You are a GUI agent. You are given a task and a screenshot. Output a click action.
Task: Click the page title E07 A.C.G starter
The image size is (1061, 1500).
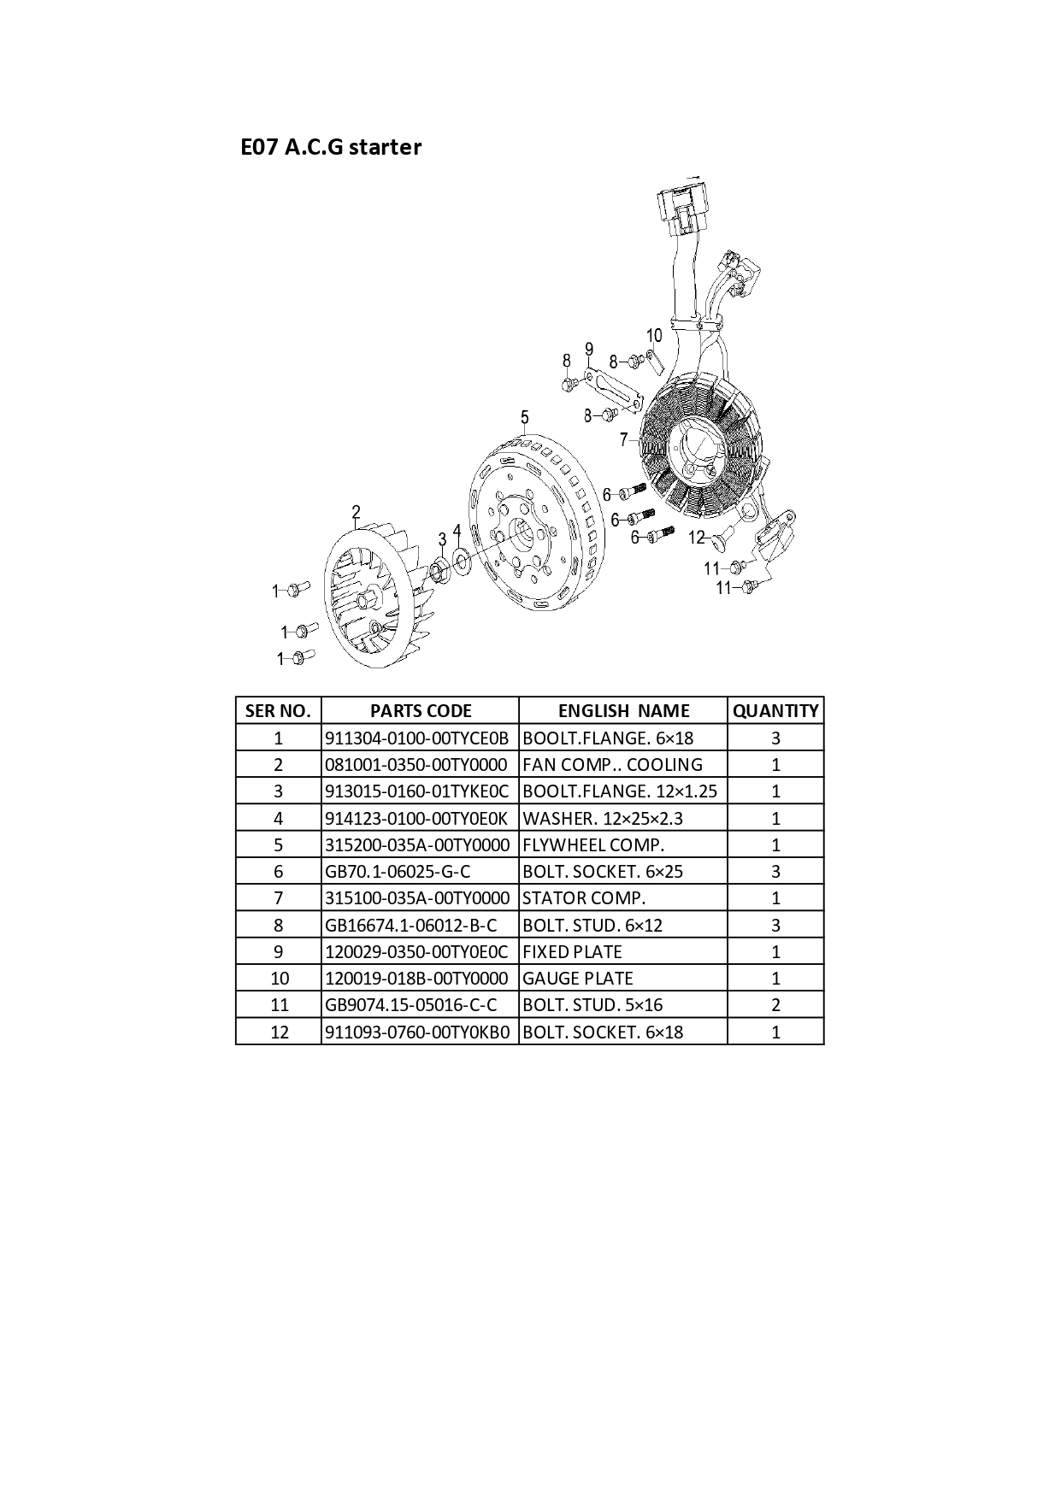click(x=331, y=147)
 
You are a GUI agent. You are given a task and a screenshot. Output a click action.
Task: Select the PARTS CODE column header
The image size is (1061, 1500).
click(x=421, y=710)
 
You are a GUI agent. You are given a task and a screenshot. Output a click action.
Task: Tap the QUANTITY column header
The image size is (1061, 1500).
click(x=775, y=710)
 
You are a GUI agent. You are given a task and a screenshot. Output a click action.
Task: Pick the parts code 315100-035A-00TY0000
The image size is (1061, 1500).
click(x=417, y=898)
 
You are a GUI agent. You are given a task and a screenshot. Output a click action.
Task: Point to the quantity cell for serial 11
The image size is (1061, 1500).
click(x=775, y=1005)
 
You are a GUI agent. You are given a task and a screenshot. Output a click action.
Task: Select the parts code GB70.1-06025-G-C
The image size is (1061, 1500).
click(x=398, y=872)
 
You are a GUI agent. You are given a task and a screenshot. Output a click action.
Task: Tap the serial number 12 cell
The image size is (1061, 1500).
click(x=279, y=1032)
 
